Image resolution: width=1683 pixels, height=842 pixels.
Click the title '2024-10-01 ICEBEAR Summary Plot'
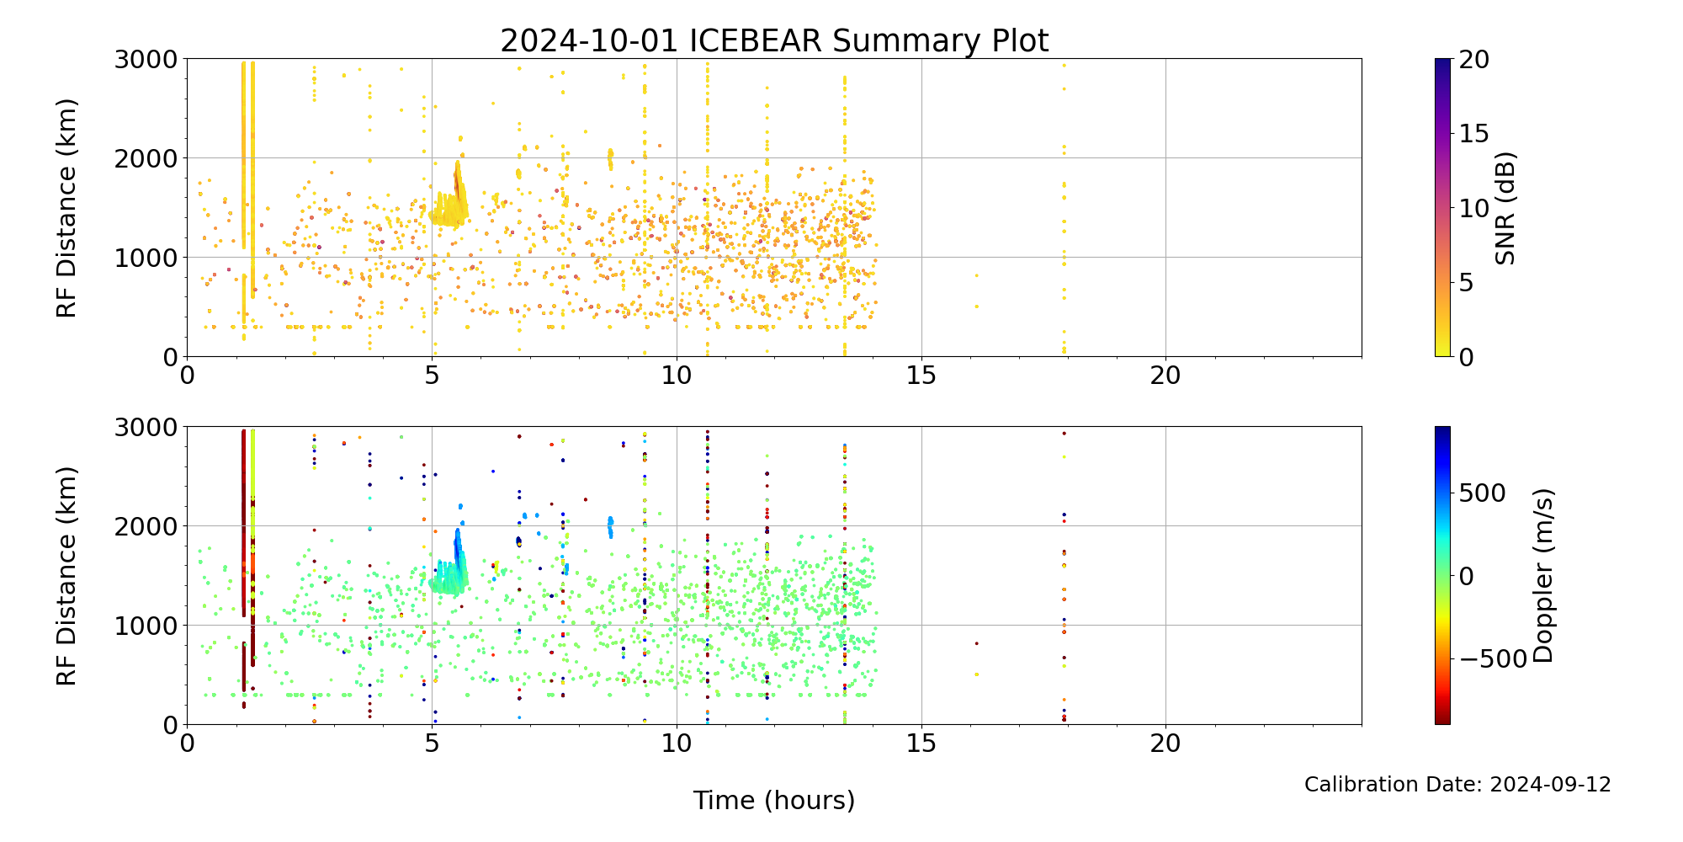774,40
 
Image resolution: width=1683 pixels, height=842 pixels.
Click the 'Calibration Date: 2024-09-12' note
1457,785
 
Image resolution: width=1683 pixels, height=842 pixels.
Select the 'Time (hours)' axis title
774,800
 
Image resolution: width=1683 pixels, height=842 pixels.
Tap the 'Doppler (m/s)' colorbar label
1542,575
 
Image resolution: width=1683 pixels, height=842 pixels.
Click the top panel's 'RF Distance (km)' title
66,208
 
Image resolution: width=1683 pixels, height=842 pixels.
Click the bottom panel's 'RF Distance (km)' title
66,575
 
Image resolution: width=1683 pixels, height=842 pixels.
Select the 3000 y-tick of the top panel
146,60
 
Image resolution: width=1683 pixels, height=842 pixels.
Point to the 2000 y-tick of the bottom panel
146,526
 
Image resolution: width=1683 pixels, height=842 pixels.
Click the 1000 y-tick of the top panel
146,258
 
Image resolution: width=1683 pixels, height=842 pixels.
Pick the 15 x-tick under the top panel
921,376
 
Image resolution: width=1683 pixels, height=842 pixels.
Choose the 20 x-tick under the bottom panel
1165,743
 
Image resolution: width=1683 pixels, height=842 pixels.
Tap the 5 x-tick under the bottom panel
432,743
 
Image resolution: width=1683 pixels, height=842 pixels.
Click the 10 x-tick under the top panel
677,376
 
